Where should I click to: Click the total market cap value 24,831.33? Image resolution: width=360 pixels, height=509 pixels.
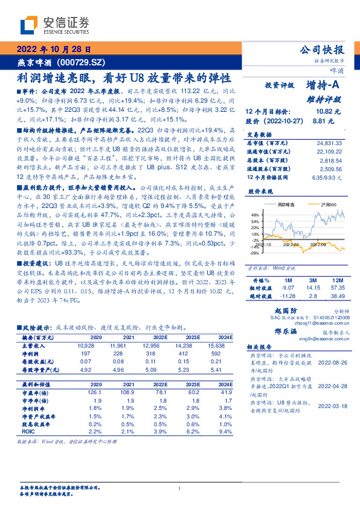[x=327, y=143]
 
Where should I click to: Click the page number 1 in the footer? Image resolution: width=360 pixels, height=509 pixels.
[x=180, y=488]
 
